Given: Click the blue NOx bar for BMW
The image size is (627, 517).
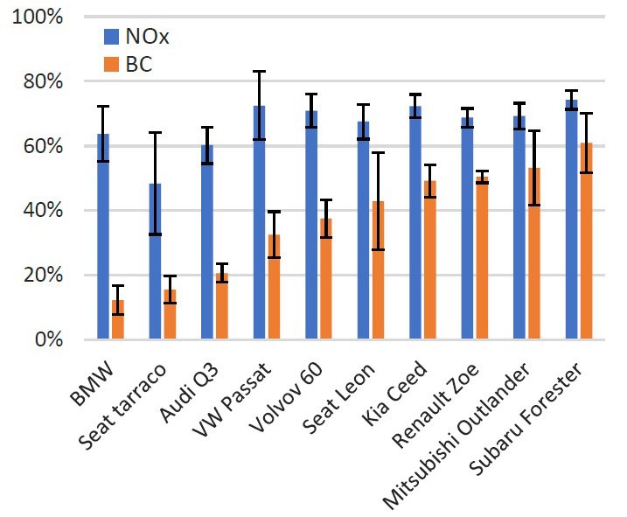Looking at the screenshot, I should coord(103,236).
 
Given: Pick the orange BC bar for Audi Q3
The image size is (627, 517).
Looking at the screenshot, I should coord(221,306).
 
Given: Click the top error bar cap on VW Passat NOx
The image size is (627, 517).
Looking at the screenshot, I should coord(259,71).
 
